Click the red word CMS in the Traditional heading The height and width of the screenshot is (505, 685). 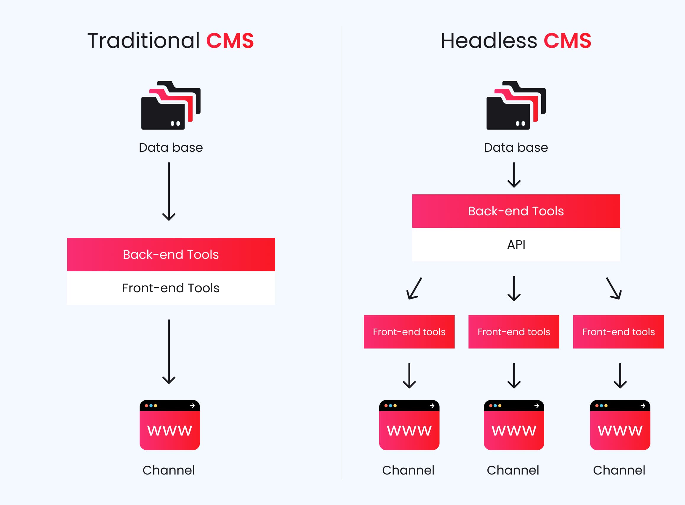point(230,41)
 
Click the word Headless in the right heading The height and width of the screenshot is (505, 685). point(489,41)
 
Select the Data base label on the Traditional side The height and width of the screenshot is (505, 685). point(171,148)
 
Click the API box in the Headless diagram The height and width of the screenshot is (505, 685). point(516,245)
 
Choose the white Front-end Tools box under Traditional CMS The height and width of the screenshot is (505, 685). point(171,288)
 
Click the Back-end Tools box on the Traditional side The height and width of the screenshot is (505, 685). point(171,254)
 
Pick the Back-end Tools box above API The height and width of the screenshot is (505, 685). point(516,211)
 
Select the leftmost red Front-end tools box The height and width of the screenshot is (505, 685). point(409,332)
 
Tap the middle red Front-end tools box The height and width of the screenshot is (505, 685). point(514,332)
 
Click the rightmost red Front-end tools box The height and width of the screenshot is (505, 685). point(618,332)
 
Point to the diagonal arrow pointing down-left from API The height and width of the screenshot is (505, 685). point(414,288)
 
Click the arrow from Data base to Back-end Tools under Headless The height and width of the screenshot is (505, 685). point(514,175)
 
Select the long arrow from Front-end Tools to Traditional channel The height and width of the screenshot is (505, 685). point(169,351)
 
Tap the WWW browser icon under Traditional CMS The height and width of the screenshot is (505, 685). point(169,425)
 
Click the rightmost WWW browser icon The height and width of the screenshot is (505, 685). point(620,425)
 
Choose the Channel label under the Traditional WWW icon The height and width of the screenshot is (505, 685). point(169,470)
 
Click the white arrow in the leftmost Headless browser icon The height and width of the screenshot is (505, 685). point(432,406)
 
